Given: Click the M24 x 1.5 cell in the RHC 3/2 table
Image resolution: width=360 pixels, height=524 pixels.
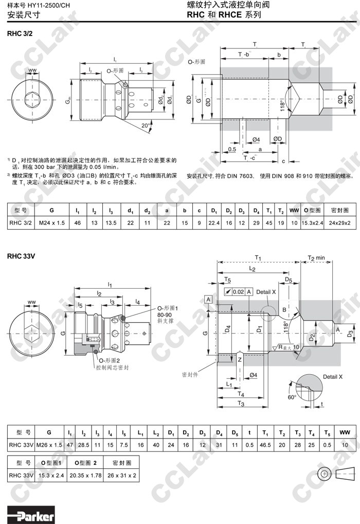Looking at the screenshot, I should (51, 222).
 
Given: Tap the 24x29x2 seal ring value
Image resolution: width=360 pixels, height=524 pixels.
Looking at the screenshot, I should (339, 222).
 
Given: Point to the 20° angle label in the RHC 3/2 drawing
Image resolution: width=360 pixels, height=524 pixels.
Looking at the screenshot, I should (146, 125).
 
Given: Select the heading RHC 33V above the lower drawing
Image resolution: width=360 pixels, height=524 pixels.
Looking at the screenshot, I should (21, 255).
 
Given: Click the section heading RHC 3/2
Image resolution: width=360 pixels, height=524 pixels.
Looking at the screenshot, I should (20, 34).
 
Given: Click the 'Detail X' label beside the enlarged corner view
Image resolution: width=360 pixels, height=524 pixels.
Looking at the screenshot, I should (333, 377).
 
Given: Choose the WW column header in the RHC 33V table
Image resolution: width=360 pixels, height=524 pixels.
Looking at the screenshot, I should (345, 431).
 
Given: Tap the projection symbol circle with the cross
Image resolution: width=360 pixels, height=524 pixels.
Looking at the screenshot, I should (323, 473).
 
